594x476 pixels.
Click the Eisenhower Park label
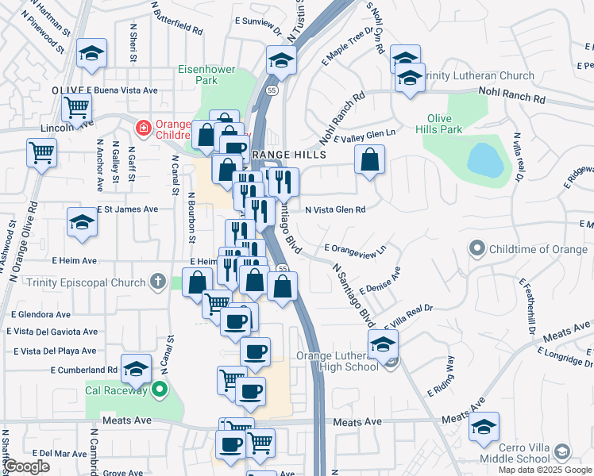point(206,75)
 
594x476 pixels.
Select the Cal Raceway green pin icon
point(160,389)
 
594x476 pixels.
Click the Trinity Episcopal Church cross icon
point(158,282)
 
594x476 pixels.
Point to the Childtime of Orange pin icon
point(476,249)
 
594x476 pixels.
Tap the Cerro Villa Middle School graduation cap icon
point(561,451)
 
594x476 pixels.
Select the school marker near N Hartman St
point(91,55)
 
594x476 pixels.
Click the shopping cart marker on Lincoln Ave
point(75,106)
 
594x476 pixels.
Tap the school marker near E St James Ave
point(82,223)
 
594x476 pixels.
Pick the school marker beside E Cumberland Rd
point(137,368)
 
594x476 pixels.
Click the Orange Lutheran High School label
point(337,360)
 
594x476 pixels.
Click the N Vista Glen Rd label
point(335,209)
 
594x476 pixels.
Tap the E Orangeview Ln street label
point(355,250)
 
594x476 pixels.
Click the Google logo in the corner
point(26,466)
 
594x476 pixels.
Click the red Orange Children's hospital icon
point(144,127)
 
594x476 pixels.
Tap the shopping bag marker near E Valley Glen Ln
point(370,160)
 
